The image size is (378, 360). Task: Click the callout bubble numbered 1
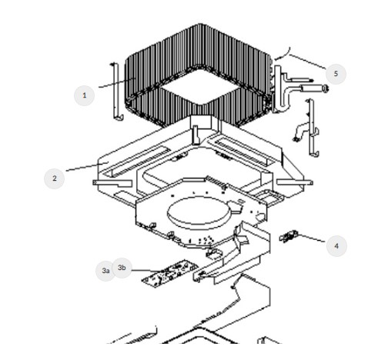(84, 95)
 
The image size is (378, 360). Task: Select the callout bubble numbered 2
(54, 178)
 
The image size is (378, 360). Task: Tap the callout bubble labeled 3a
(106, 271)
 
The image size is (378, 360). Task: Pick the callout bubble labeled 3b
(122, 267)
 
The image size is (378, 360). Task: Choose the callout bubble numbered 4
(336, 246)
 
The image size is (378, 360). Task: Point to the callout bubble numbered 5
(335, 74)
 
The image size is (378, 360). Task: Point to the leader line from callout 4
(313, 241)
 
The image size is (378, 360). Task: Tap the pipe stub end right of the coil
(325, 89)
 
